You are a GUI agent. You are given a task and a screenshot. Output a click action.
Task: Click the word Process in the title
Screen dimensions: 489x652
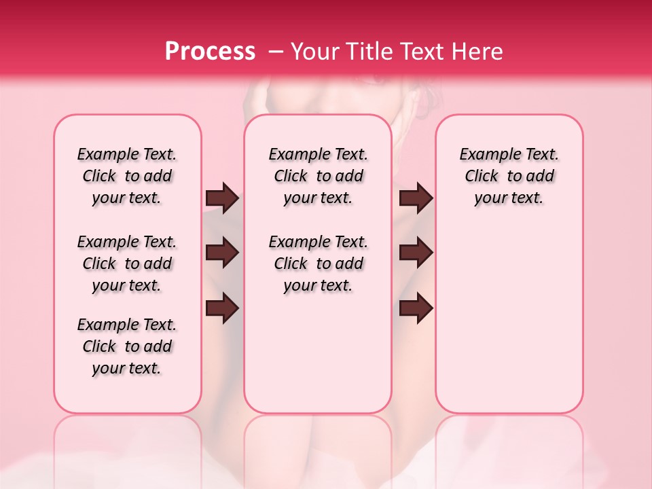click(210, 52)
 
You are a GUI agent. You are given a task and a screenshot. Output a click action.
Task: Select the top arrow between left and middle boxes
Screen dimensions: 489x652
click(222, 198)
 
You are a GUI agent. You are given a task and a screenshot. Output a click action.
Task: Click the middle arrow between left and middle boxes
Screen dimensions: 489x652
click(222, 253)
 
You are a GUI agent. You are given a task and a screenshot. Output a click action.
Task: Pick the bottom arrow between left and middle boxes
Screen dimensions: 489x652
click(222, 308)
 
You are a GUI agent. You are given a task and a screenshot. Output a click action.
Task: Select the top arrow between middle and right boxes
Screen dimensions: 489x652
click(416, 198)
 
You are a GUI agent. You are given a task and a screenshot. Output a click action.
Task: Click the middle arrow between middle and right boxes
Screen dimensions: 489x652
click(416, 253)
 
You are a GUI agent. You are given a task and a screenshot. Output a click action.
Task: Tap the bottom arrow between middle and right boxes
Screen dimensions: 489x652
click(416, 308)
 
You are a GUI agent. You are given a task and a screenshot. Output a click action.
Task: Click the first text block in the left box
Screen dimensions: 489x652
click(127, 176)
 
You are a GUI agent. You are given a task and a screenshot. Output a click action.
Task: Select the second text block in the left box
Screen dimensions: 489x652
click(127, 264)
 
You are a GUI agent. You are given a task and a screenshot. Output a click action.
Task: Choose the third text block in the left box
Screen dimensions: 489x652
click(127, 346)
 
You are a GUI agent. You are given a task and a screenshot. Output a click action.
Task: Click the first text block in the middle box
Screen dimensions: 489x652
click(318, 176)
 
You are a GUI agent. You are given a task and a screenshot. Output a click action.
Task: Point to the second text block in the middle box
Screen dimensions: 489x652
click(318, 264)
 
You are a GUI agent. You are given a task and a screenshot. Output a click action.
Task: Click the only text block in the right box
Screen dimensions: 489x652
click(509, 176)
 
